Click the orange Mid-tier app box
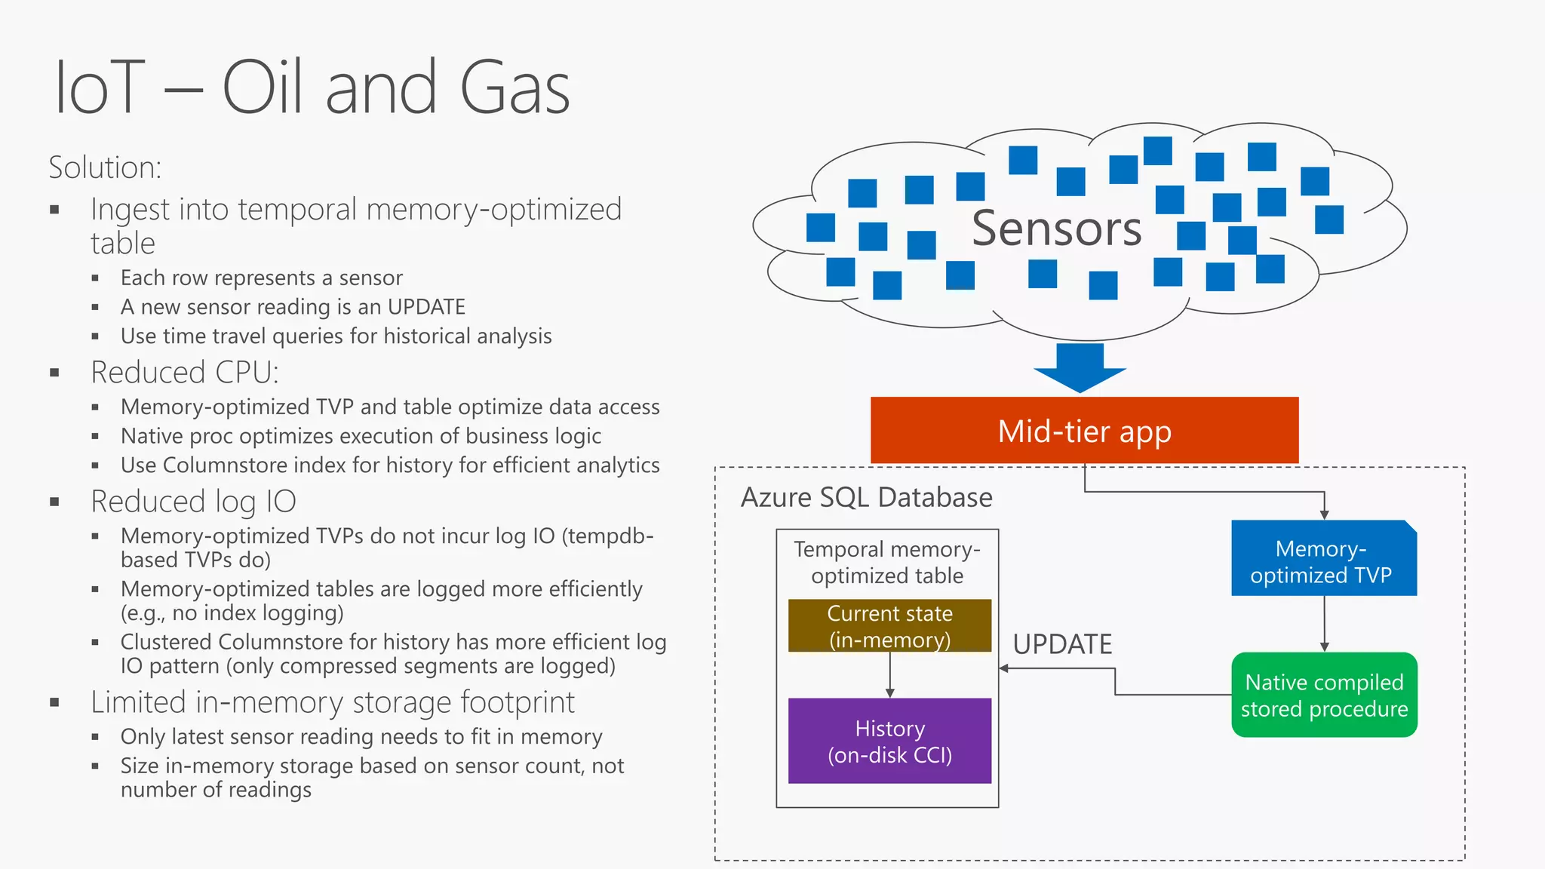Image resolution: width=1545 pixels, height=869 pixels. point(1084,431)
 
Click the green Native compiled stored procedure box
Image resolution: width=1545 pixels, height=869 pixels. point(1324,695)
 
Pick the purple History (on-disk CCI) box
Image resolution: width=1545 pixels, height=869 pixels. point(889,741)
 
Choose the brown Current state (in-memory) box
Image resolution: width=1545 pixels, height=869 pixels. point(889,625)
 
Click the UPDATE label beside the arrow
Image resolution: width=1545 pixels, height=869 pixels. point(1062,644)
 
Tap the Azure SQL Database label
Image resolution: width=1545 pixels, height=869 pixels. point(866,498)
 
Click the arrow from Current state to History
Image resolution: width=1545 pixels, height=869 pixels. point(890,675)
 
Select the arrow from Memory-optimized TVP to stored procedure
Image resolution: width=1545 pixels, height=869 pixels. point(1324,624)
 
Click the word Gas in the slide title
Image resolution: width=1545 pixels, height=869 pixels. point(514,88)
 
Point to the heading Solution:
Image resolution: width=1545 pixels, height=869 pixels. point(105,167)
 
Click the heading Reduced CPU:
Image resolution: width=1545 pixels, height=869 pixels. point(185,373)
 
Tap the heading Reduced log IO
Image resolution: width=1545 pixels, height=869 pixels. point(193,502)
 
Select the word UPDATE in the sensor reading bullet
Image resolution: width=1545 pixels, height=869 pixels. point(426,307)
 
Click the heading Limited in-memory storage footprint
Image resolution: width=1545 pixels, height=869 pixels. point(332,702)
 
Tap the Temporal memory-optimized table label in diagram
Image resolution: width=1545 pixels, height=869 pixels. point(887,562)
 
